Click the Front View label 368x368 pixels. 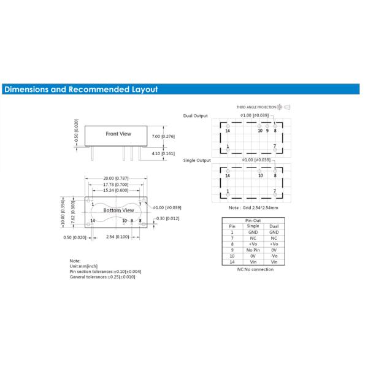[118, 133]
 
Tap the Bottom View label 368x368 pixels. [118, 210]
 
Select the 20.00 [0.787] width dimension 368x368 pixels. [117, 178]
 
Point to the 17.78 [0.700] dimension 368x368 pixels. [117, 184]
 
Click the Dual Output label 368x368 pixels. [196, 116]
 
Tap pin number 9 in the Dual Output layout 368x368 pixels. [267, 131]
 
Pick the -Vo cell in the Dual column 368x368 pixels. [274, 256]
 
